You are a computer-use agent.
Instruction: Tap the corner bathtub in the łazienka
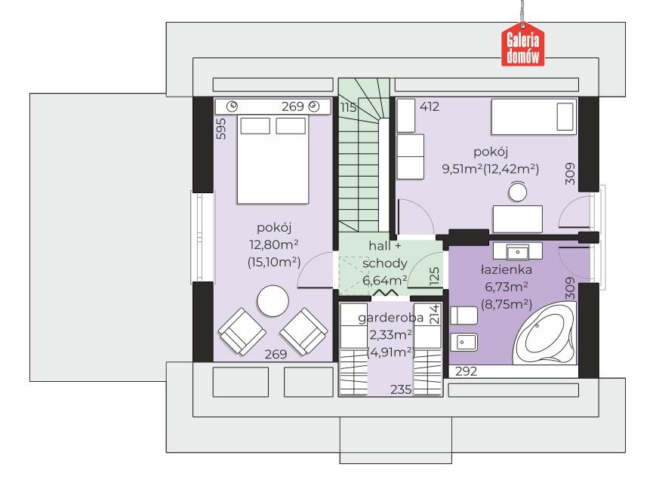click(x=544, y=334)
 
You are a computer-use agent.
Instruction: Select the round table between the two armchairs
click(x=273, y=300)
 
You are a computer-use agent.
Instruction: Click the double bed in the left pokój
click(x=273, y=159)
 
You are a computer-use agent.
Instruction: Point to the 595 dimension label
click(x=221, y=129)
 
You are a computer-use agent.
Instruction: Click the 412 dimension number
click(x=430, y=106)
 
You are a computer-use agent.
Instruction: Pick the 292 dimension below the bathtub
click(x=466, y=371)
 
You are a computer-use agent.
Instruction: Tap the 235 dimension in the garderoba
click(x=401, y=389)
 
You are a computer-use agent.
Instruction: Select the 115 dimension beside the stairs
click(x=348, y=107)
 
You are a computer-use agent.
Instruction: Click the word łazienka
click(x=507, y=269)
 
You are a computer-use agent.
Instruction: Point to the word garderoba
click(x=391, y=318)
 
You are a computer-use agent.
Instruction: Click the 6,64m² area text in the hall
click(x=385, y=280)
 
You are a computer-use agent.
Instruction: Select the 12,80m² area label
click(x=274, y=245)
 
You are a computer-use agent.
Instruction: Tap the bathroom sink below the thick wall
click(x=518, y=251)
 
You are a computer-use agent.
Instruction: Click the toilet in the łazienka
click(x=464, y=315)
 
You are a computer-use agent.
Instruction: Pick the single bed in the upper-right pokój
click(x=534, y=117)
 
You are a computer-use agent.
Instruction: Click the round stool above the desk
click(x=518, y=192)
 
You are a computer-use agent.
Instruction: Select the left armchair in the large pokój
click(x=242, y=331)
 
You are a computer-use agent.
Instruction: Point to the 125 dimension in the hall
click(x=434, y=276)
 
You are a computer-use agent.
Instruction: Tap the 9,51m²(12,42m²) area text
click(x=491, y=169)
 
